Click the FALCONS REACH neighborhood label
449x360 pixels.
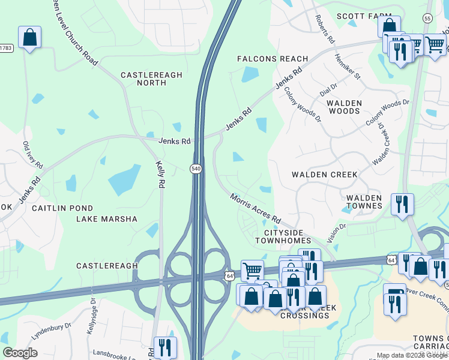click(x=272, y=59)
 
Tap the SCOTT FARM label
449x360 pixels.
click(x=360, y=16)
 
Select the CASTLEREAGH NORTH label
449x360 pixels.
click(x=151, y=79)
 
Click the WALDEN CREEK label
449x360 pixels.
click(x=324, y=175)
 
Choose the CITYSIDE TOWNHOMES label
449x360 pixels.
click(x=288, y=236)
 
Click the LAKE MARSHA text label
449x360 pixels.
click(x=106, y=219)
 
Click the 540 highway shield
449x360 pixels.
click(x=196, y=169)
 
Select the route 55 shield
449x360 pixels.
click(x=427, y=19)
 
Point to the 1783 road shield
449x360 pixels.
click(x=5, y=47)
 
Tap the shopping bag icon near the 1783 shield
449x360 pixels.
click(x=29, y=38)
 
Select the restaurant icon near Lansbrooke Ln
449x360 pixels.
click(x=164, y=347)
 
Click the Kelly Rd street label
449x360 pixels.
click(x=160, y=174)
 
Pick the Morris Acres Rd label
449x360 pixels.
click(x=256, y=208)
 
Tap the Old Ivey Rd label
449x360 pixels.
click(x=33, y=155)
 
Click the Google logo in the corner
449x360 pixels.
click(x=20, y=353)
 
